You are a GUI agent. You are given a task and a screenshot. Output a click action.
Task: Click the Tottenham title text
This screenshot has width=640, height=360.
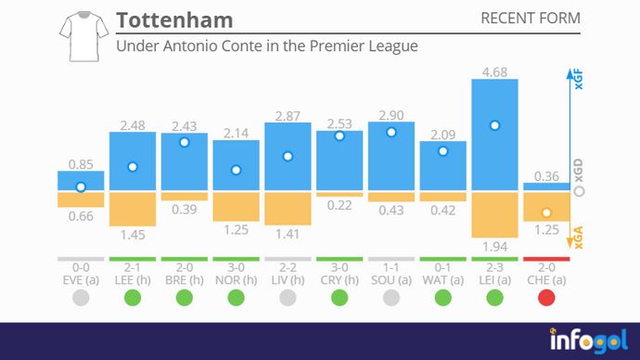click(x=174, y=19)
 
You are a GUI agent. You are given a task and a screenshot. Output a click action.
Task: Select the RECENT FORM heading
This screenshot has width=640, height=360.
click(x=531, y=19)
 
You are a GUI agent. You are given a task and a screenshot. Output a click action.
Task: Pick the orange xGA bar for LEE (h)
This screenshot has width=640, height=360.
click(x=133, y=209)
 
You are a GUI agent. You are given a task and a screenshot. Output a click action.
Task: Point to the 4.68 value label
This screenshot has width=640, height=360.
click(x=494, y=69)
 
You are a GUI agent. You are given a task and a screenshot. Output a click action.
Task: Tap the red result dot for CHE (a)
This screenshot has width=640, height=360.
click(x=546, y=298)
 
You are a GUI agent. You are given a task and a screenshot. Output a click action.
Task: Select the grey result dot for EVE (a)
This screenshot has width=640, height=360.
click(x=81, y=298)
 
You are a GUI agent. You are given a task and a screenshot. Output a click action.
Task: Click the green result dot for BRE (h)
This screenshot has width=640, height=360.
click(x=185, y=298)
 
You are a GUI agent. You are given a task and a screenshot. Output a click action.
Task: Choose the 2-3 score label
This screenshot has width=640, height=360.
click(x=494, y=266)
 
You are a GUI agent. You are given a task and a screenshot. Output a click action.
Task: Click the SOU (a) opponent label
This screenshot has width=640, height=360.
click(x=390, y=278)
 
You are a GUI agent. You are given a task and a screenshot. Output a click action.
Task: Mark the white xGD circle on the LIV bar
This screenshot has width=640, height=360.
click(x=288, y=156)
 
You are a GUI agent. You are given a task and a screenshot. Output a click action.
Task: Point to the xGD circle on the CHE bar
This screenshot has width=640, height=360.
click(x=546, y=212)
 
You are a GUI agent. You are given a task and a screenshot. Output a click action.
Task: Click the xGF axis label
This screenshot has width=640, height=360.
click(x=580, y=78)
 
